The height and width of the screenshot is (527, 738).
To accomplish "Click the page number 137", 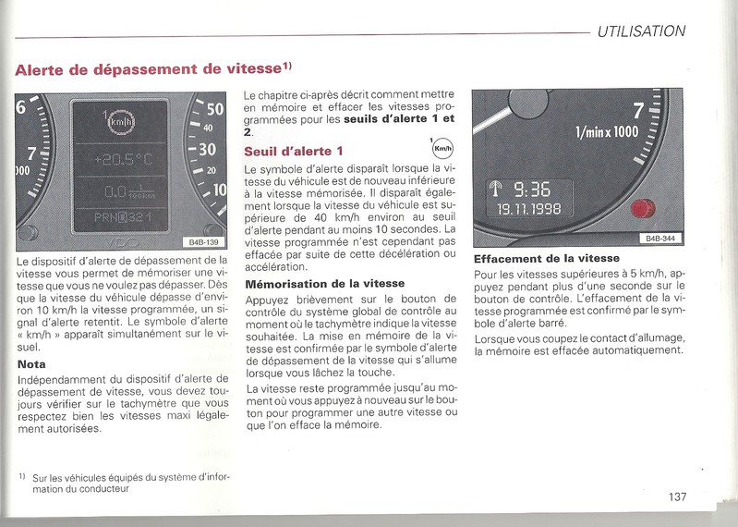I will tap(678, 496).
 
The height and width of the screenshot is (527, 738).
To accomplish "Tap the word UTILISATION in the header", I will tap(641, 31).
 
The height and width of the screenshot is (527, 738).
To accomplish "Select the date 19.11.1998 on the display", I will tap(524, 211).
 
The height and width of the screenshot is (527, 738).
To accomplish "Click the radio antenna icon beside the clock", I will tap(496, 190).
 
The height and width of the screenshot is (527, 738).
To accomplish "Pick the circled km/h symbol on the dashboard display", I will tap(120, 121).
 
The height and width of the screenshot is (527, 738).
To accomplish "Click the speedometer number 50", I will tap(212, 109).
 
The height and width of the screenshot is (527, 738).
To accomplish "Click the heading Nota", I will tap(32, 364).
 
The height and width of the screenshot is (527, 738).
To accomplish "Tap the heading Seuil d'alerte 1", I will tap(293, 151).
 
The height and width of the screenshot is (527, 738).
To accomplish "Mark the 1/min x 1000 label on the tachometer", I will tap(607, 133).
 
